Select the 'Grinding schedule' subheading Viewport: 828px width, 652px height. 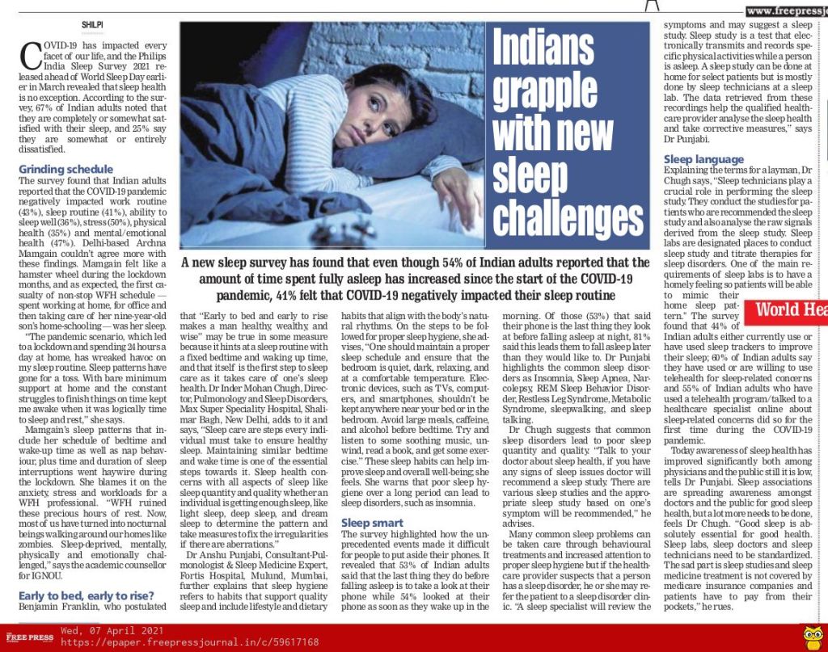point(66,169)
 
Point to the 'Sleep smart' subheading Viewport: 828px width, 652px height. point(372,523)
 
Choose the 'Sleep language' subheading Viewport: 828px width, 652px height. point(703,159)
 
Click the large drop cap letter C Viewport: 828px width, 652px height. point(32,57)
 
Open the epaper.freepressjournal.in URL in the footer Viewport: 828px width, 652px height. point(189,642)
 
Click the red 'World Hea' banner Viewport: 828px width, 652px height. point(791,311)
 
